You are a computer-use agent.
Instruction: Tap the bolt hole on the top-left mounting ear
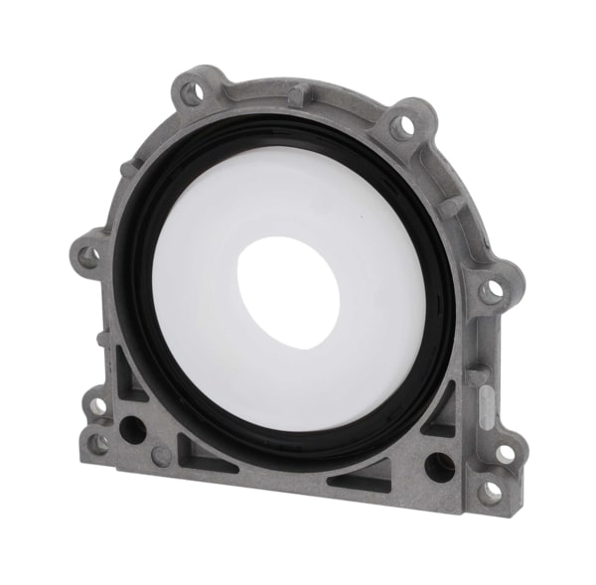coord(192,94)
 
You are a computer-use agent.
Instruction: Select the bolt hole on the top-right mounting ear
coord(401,126)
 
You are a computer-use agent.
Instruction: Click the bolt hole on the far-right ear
coord(491,292)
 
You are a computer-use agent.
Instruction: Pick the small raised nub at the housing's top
coord(297,93)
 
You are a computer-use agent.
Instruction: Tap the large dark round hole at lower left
coord(131,430)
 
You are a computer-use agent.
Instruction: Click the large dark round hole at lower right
coord(438,466)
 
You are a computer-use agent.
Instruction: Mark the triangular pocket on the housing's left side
coord(127,374)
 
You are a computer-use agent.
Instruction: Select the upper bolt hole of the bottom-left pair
coord(97,405)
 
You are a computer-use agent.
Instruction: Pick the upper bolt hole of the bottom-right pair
coord(504,453)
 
